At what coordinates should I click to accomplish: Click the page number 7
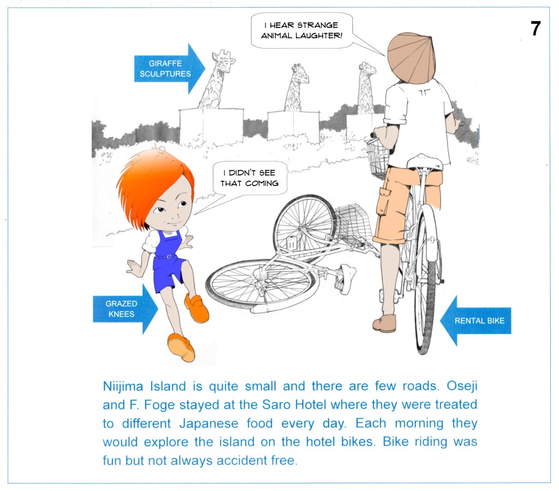point(536,28)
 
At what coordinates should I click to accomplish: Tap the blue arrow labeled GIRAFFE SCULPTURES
point(169,68)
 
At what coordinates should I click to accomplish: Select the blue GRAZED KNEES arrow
point(126,309)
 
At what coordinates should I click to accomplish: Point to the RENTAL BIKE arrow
point(475,321)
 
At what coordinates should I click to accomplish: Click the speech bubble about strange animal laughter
point(301,31)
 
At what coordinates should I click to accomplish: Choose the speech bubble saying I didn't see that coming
point(249,178)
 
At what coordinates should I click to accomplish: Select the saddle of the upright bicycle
point(425,162)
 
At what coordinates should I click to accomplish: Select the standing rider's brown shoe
point(384,323)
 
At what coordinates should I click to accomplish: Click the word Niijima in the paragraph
point(123,387)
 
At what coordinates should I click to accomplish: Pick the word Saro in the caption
point(274,405)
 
